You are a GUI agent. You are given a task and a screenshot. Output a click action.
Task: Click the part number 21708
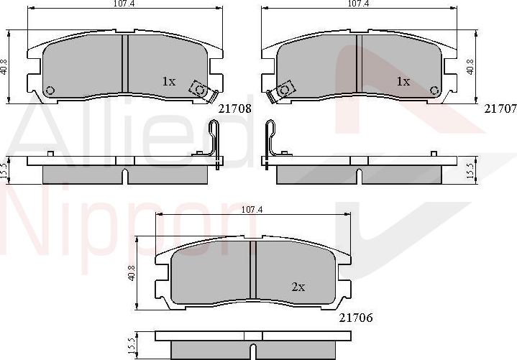click(235, 109)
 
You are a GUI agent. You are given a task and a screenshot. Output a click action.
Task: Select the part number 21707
click(500, 109)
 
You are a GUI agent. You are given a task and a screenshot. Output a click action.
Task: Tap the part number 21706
click(356, 318)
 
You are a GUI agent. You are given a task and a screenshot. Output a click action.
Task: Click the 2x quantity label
click(298, 287)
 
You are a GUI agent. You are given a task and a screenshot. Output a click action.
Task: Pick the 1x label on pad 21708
click(169, 81)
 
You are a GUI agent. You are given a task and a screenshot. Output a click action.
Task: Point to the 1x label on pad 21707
click(403, 81)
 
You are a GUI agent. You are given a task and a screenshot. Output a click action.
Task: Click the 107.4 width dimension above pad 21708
click(121, 4)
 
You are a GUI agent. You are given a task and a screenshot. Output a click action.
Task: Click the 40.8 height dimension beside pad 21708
click(4, 67)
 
